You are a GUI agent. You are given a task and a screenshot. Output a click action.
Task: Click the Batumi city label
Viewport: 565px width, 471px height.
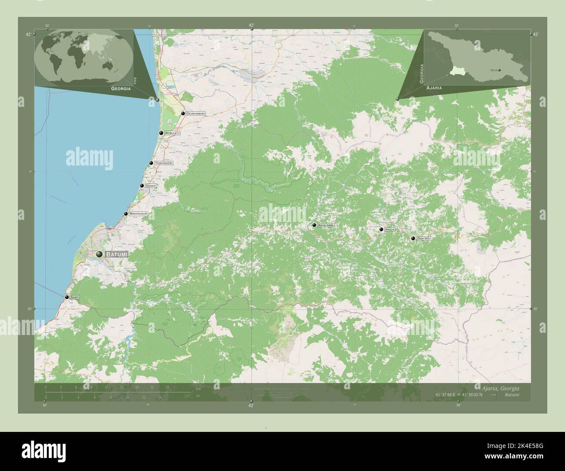click(x=116, y=254)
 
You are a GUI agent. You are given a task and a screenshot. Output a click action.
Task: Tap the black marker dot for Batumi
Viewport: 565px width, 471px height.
click(x=100, y=254)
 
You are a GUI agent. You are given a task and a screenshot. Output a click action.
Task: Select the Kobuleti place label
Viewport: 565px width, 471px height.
click(x=172, y=133)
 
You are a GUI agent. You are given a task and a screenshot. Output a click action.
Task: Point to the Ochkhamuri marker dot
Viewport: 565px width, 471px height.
click(x=183, y=113)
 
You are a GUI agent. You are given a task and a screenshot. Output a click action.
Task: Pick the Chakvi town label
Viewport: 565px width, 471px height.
click(x=151, y=186)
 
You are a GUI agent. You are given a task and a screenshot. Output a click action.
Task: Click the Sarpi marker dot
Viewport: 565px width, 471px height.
click(x=67, y=297)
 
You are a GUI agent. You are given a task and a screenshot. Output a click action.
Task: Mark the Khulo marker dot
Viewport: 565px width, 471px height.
click(x=381, y=229)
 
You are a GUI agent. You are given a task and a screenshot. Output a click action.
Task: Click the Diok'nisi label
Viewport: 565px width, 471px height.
click(x=423, y=239)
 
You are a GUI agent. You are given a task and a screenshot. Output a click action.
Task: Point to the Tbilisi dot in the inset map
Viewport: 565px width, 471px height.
click(x=499, y=70)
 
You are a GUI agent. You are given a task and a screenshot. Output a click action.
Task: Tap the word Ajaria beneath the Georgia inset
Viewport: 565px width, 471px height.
click(x=434, y=88)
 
